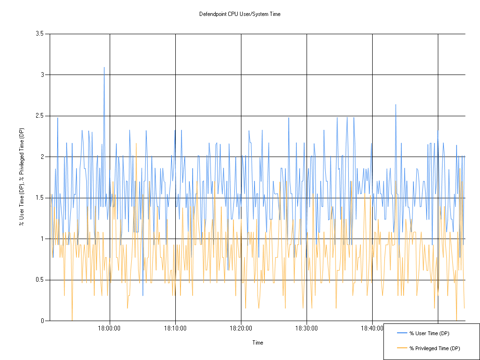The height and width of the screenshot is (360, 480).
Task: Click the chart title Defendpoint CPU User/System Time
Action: (x=240, y=14)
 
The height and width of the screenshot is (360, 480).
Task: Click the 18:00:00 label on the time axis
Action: (x=110, y=329)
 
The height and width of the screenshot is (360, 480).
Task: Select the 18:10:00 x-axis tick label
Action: (x=175, y=329)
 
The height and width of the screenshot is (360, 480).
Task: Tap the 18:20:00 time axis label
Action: (x=241, y=329)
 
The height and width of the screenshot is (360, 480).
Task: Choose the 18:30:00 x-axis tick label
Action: (x=307, y=329)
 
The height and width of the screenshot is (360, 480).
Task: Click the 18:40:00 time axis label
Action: (x=372, y=329)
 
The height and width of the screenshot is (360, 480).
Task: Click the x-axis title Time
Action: (x=258, y=343)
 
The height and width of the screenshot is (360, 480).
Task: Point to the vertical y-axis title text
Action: (x=21, y=177)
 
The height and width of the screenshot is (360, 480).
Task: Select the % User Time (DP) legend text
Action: (x=429, y=333)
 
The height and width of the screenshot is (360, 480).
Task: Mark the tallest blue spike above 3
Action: (x=104, y=67)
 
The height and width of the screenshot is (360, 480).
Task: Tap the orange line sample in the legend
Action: (x=402, y=348)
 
